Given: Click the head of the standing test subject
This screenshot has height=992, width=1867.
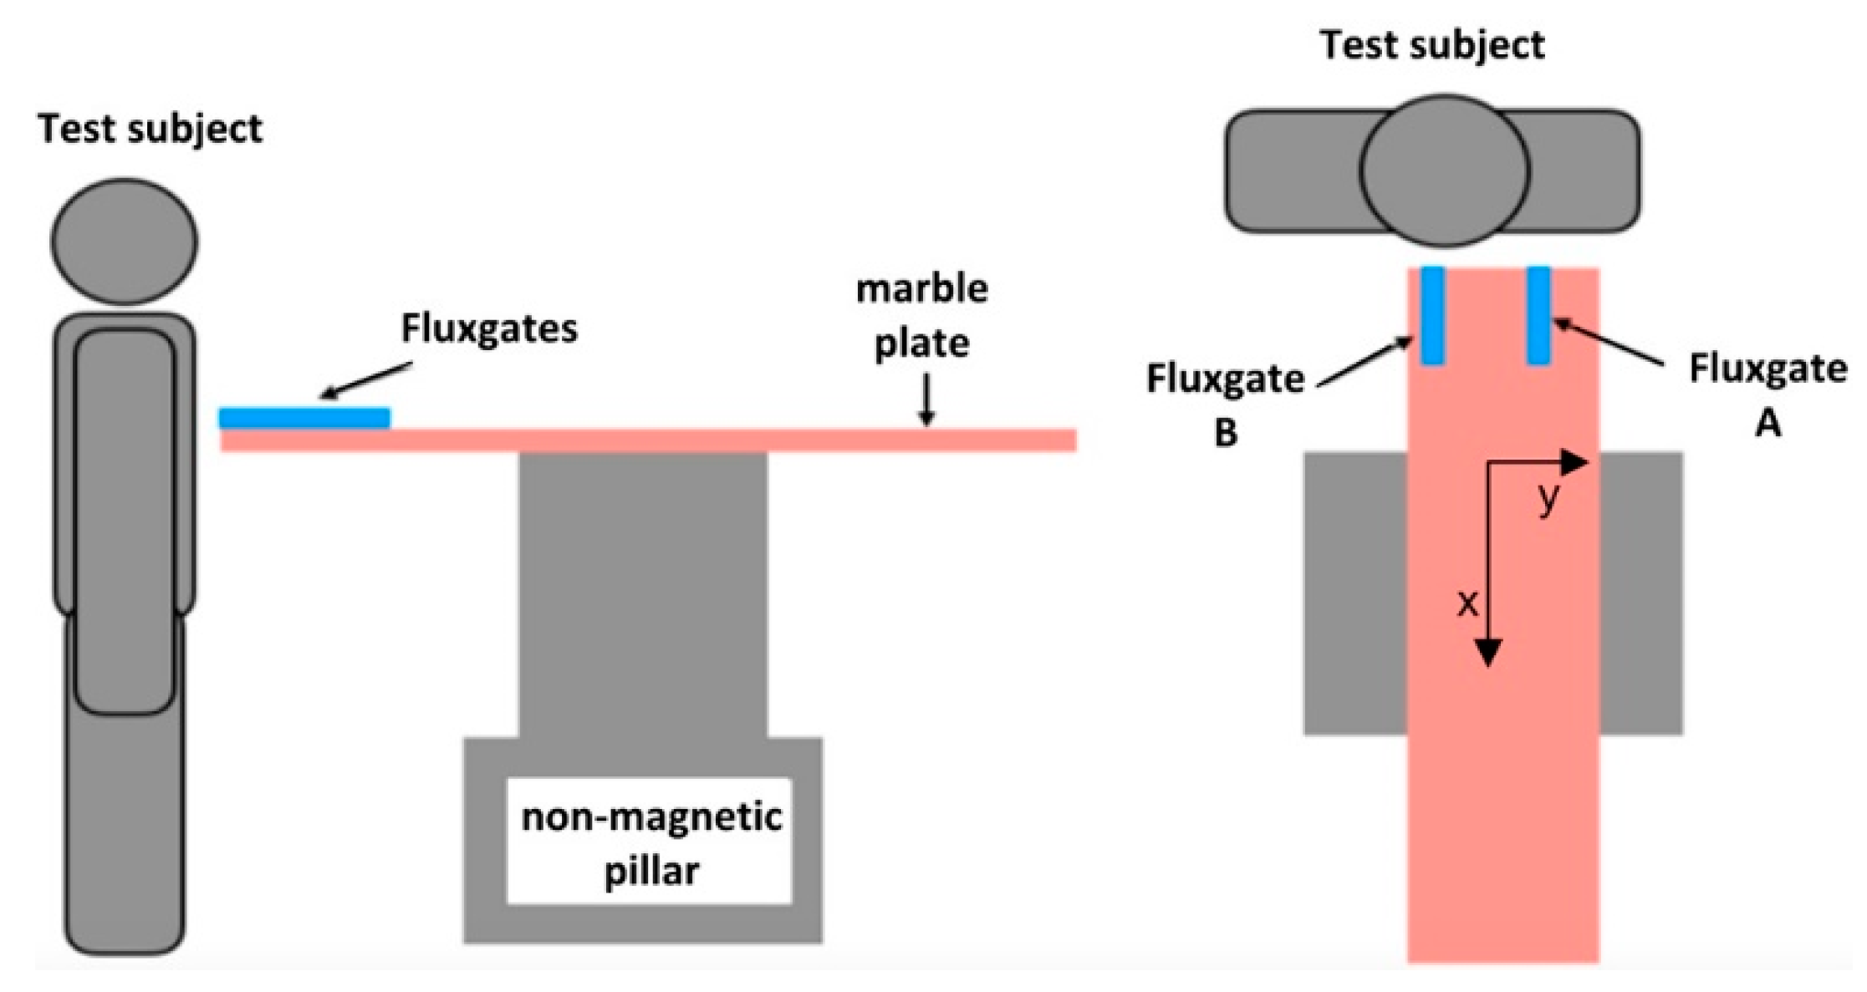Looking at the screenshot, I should [x=125, y=241].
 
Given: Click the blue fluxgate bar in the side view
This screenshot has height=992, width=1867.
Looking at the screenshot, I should [x=304, y=417].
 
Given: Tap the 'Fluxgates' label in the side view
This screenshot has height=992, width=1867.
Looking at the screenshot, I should [x=489, y=328].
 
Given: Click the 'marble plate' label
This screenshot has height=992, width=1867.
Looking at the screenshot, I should [x=922, y=315].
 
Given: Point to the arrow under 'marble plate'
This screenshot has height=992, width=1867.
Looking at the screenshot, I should [x=926, y=399].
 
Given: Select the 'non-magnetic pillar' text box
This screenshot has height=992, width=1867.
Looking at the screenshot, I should [x=650, y=842].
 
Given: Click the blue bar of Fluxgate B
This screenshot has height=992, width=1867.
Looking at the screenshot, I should [x=1432, y=315].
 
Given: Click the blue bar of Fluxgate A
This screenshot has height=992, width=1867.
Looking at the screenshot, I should [x=1538, y=315].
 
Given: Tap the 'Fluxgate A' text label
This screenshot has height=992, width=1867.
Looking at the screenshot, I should [x=1768, y=394].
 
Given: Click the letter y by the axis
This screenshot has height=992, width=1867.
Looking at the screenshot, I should [x=1548, y=498].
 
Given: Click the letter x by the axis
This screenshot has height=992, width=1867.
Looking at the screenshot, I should [x=1467, y=603].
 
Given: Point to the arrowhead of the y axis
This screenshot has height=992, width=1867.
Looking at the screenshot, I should [x=1575, y=461].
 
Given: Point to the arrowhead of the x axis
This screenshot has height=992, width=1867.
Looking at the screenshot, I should [x=1488, y=653].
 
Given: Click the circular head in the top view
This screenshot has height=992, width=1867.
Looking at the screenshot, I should [x=1444, y=170].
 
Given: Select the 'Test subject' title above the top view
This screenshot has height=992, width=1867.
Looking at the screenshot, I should [x=1432, y=45].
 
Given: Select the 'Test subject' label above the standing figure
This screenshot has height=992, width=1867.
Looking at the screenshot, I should [x=150, y=129].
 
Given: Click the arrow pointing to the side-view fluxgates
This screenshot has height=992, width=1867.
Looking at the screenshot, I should [x=366, y=379].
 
